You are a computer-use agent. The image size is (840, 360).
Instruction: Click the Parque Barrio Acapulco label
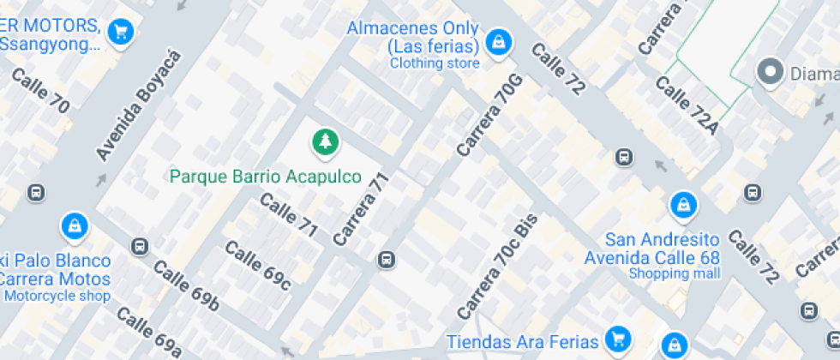(265, 177)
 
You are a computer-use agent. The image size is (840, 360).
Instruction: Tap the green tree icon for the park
(324, 143)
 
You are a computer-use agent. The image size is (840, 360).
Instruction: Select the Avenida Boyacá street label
(140, 105)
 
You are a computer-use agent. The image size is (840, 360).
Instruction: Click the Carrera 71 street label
(363, 209)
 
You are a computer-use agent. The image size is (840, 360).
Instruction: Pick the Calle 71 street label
(289, 215)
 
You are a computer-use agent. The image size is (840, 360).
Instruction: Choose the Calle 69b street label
(188, 286)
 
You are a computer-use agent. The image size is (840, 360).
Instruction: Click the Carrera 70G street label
(489, 116)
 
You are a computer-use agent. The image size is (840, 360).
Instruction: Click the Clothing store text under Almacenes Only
(435, 63)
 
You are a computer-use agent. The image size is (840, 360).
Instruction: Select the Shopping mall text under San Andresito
(675, 273)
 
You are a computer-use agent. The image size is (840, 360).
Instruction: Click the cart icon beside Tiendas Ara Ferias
(615, 339)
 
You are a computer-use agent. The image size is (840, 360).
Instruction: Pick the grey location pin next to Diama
(769, 73)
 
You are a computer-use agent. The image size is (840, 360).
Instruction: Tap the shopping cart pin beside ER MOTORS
(121, 33)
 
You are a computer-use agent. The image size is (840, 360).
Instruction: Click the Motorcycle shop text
(57, 297)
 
